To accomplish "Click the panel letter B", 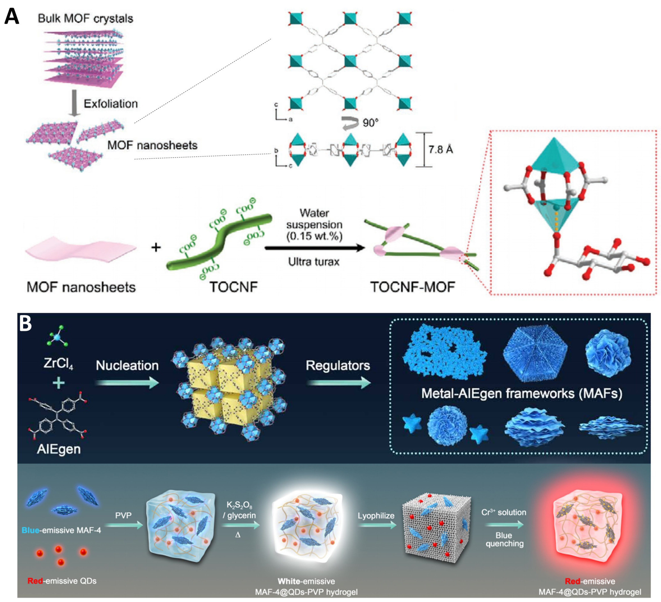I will click(26, 324).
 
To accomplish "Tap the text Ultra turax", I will click(314, 262).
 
